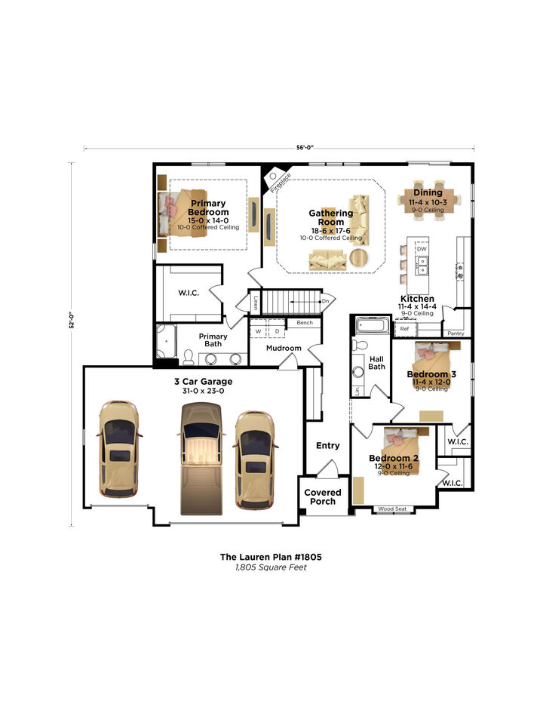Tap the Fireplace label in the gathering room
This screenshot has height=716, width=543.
pyautogui.click(x=281, y=182)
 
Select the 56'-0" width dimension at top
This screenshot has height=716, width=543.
pyautogui.click(x=284, y=148)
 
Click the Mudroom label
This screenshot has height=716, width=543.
pyautogui.click(x=283, y=349)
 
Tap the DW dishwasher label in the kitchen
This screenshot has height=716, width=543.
pyautogui.click(x=422, y=249)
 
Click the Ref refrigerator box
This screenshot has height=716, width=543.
pyautogui.click(x=404, y=329)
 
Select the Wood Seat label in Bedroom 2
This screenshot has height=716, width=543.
pyautogui.click(x=392, y=509)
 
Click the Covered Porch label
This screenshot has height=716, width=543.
pyautogui.click(x=323, y=496)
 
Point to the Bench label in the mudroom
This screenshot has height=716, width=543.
pyautogui.click(x=305, y=323)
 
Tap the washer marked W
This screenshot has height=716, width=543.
pyautogui.click(x=259, y=331)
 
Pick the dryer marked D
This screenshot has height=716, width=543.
pyautogui.click(x=276, y=331)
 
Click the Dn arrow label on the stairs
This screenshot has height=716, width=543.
pyautogui.click(x=325, y=302)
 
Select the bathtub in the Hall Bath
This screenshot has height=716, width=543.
pyautogui.click(x=370, y=327)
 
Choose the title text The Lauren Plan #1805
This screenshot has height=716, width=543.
pyautogui.click(x=271, y=557)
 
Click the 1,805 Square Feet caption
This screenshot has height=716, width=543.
pyautogui.click(x=271, y=567)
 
